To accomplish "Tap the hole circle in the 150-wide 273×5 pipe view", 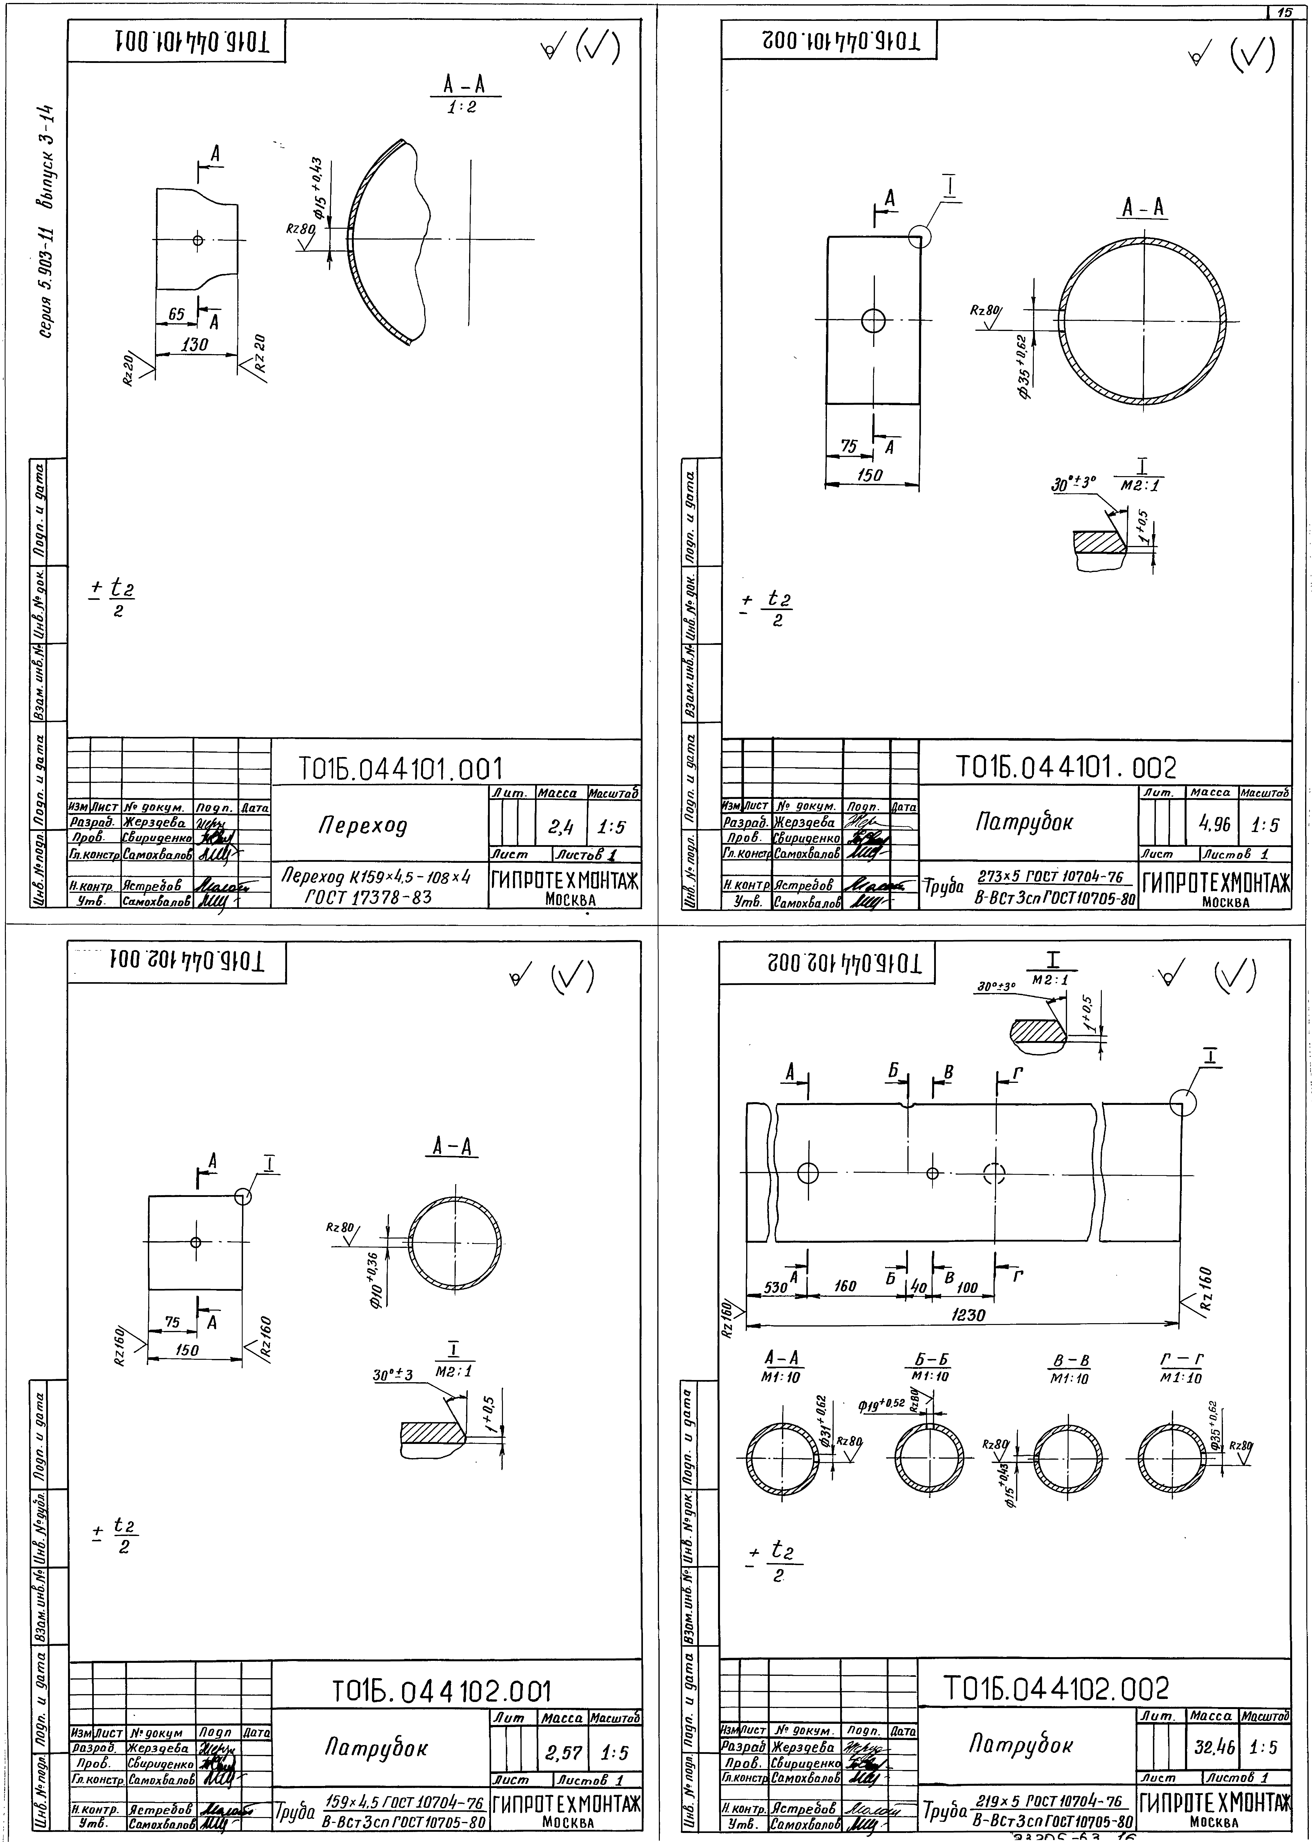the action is (x=873, y=321).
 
